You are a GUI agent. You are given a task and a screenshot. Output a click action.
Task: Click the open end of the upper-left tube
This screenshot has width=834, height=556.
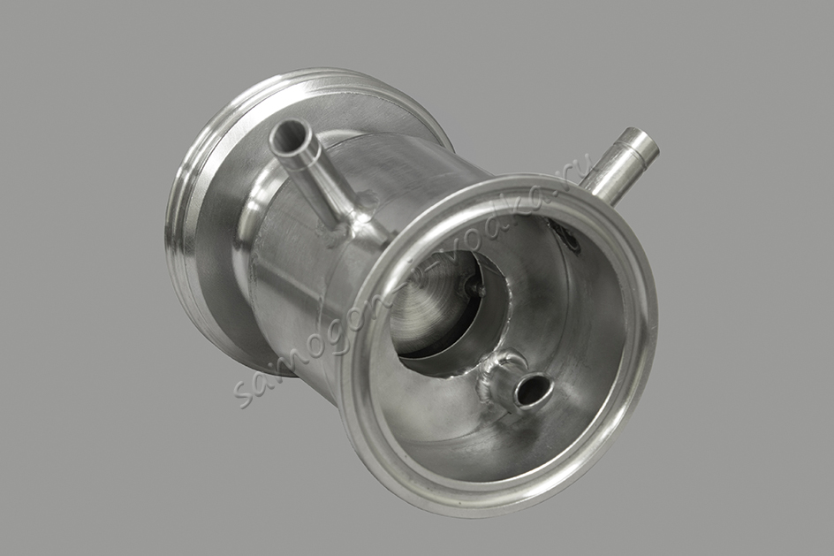pos(291,136)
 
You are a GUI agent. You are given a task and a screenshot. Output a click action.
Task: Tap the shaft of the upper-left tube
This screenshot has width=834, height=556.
pos(315,176)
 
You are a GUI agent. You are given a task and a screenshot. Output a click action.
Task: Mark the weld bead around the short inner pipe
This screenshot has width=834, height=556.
pos(495,379)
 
